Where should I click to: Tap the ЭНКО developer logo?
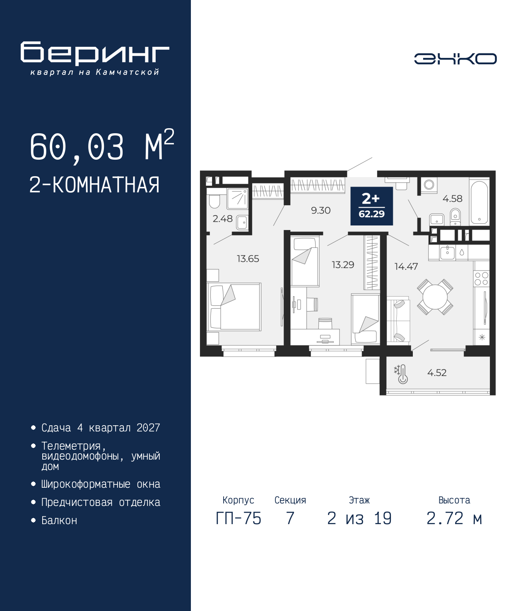[455, 58]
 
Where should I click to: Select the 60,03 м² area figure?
[102, 146]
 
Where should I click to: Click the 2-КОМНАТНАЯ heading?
[94, 185]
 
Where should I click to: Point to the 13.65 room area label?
[248, 259]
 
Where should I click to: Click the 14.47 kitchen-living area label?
[406, 266]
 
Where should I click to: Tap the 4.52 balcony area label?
[437, 373]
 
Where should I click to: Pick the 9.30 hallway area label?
[321, 211]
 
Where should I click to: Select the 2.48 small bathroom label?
[222, 219]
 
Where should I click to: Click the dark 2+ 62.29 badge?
[372, 206]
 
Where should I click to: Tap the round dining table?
[435, 297]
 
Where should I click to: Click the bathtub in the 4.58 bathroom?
[479, 201]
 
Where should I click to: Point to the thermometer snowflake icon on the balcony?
[401, 374]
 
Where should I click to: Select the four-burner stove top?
[482, 278]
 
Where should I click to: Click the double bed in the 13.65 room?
[234, 307]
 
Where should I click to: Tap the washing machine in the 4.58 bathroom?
[429, 185]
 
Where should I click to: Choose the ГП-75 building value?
[238, 519]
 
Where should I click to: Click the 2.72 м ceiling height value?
[454, 519]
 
